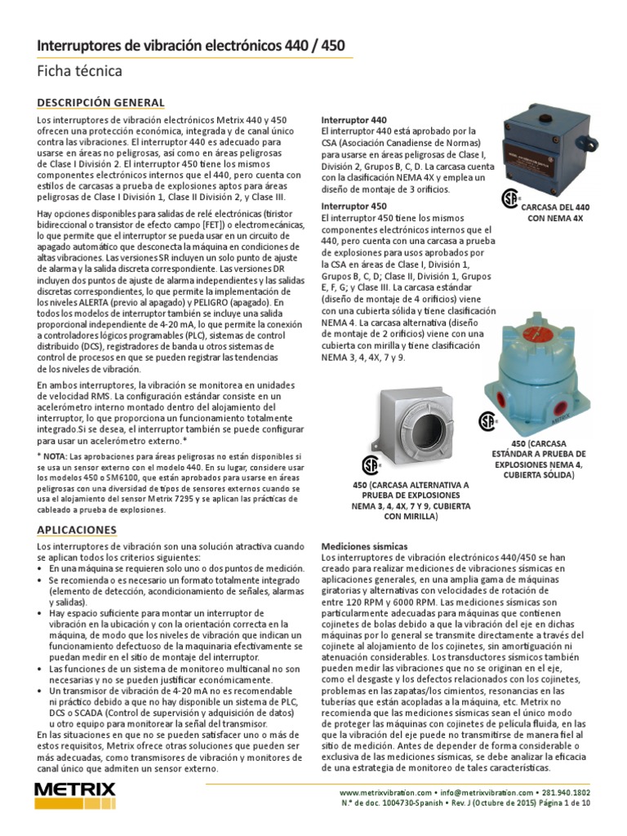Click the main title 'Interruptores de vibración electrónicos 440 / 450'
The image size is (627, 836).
click(190, 47)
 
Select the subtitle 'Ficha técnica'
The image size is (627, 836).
click(79, 72)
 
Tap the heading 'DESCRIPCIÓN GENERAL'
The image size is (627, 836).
click(100, 103)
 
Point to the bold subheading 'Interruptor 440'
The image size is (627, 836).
click(354, 119)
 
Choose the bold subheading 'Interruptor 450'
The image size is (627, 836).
click(354, 207)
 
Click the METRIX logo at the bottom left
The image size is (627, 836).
click(76, 794)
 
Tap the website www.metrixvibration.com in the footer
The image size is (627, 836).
click(385, 793)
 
